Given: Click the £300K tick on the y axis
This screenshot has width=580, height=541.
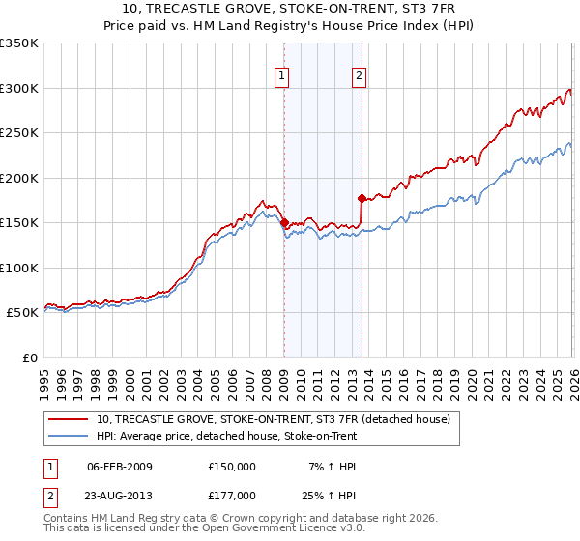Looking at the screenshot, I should tap(19, 88).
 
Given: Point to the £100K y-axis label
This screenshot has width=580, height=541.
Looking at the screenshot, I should tap(19, 268).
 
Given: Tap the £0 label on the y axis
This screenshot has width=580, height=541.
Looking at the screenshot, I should tap(29, 357).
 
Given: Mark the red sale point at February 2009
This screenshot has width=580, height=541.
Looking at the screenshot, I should tap(284, 223).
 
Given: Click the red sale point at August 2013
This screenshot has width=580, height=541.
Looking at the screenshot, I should tap(362, 199).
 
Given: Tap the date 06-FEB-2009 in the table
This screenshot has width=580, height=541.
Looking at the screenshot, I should tap(120, 466).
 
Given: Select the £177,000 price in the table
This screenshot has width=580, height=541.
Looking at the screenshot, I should tap(232, 495).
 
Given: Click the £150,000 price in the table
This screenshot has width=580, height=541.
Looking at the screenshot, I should tap(232, 466).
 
